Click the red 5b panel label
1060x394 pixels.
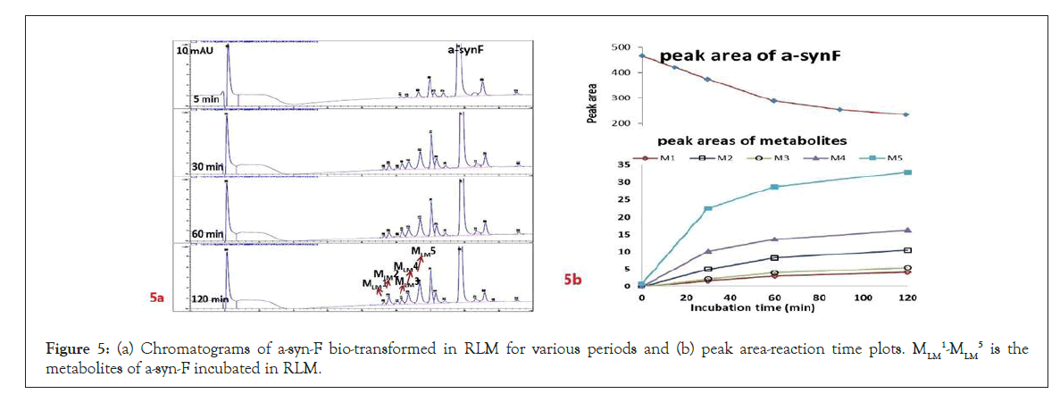572,280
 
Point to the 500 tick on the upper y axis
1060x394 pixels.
620,47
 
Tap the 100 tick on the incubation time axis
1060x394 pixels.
864,297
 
